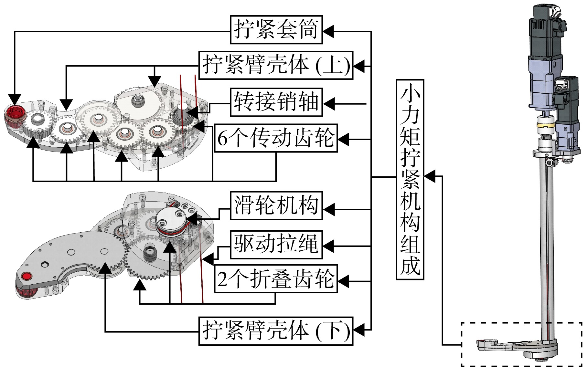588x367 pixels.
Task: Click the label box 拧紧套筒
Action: coord(276,29)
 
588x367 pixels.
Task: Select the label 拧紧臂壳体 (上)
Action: coord(276,65)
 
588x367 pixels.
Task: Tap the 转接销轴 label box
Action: coord(276,102)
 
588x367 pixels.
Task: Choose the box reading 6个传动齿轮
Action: coord(276,138)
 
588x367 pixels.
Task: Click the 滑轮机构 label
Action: coord(276,206)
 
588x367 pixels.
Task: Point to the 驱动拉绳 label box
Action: coord(276,244)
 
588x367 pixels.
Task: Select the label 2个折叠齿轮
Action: coord(276,279)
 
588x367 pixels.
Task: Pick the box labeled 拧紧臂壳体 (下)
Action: coord(276,331)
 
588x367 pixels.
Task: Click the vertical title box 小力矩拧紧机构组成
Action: coord(410,179)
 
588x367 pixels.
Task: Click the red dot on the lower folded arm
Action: coord(27,276)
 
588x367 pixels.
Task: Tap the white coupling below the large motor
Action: coord(546,127)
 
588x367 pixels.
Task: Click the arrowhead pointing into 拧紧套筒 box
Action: coord(328,31)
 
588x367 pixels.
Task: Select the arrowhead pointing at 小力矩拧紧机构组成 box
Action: coord(429,176)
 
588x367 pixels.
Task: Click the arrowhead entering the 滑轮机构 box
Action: coord(328,209)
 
